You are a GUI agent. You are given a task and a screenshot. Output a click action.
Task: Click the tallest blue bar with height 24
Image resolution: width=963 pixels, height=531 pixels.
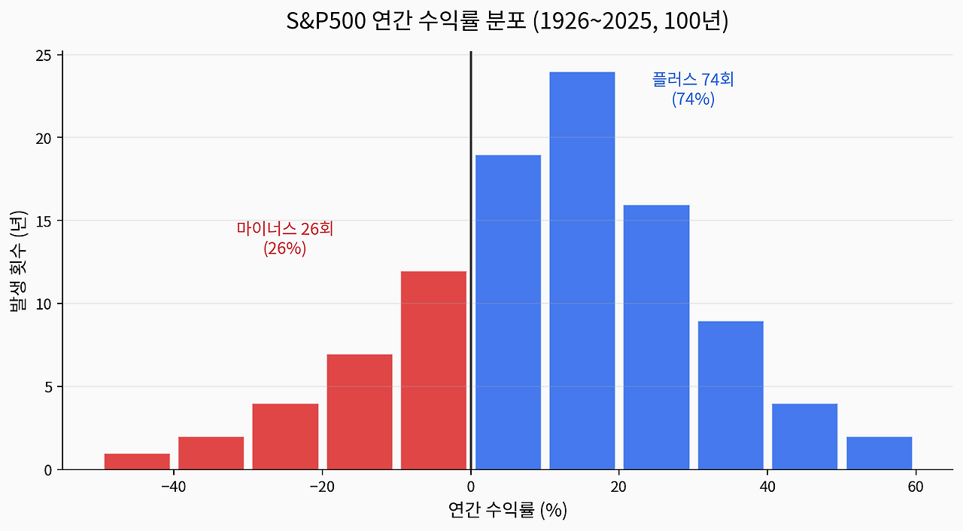582,271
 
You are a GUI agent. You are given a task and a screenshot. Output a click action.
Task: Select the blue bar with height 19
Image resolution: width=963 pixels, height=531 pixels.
508,313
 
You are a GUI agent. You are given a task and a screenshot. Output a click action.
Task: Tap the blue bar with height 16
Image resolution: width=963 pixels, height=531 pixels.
656,337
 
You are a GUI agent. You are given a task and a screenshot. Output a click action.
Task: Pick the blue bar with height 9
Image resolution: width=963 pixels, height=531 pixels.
731,395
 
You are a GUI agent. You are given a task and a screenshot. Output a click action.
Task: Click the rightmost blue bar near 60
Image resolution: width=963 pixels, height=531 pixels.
879,453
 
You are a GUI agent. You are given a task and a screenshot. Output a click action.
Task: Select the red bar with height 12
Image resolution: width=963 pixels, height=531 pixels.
433,371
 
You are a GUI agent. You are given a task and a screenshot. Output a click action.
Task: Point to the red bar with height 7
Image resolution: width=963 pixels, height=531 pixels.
360,412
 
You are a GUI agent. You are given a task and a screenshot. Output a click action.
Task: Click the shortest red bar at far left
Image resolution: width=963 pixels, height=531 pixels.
137,462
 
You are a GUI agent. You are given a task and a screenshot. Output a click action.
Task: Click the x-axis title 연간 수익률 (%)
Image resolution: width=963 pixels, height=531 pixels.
507,511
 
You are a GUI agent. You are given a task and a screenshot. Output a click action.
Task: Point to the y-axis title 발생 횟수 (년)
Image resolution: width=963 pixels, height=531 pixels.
18,262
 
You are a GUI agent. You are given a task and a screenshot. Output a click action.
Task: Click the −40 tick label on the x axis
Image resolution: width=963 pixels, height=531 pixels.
174,487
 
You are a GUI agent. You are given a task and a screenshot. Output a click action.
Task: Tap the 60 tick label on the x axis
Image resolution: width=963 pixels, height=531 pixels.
916,487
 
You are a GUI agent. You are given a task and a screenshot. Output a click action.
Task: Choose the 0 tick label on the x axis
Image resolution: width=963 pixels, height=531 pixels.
471,487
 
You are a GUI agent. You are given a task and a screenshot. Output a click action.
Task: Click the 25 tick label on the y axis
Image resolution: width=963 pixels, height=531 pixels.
44,56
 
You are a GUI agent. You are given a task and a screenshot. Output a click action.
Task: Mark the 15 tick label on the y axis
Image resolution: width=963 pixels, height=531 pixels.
44,221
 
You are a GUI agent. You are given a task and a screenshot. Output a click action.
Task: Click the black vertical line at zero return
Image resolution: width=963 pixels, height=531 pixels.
471,188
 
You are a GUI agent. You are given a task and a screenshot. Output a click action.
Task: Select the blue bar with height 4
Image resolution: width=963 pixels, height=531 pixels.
804,437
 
